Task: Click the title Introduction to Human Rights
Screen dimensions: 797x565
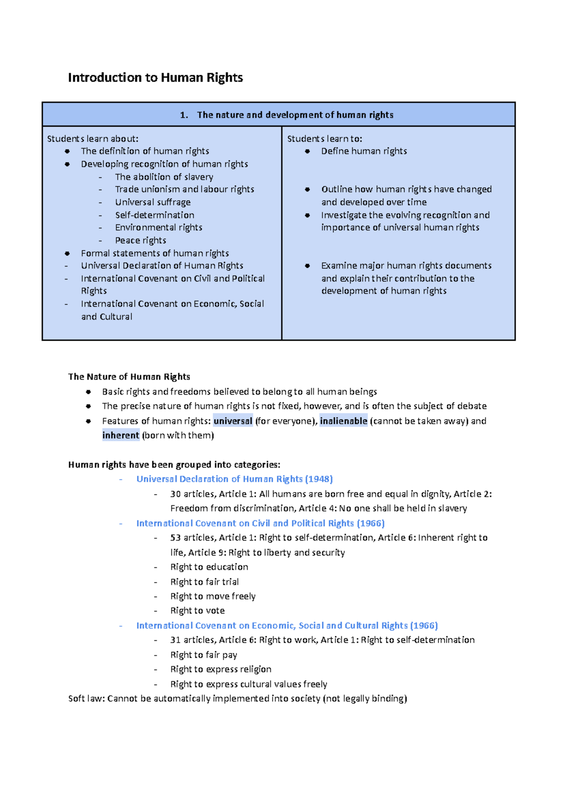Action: click(155, 78)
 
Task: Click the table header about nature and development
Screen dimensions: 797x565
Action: click(287, 115)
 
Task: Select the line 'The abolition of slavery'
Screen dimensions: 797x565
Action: click(164, 177)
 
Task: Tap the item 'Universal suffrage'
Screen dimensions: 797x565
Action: click(153, 202)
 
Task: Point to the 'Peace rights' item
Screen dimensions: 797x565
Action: click(140, 240)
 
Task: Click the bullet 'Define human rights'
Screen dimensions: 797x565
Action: click(363, 151)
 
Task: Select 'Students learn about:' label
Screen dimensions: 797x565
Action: click(93, 139)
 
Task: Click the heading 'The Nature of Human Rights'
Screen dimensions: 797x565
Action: click(129, 376)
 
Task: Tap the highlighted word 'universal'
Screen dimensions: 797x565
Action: click(233, 421)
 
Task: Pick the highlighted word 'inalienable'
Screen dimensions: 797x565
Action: click(343, 421)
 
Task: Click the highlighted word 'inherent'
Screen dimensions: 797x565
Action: click(121, 435)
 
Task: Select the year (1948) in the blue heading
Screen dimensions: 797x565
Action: click(319, 479)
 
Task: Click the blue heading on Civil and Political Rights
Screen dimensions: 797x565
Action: click(260, 523)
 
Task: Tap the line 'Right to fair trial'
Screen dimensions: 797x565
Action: click(204, 582)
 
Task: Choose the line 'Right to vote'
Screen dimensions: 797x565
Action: click(197, 611)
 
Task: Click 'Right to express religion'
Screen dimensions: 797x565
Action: click(220, 669)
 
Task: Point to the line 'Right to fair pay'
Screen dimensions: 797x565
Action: click(203, 655)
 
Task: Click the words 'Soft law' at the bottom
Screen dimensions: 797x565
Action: click(86, 699)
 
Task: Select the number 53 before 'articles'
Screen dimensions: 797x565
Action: click(176, 538)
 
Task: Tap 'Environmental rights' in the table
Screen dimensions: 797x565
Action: click(158, 228)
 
